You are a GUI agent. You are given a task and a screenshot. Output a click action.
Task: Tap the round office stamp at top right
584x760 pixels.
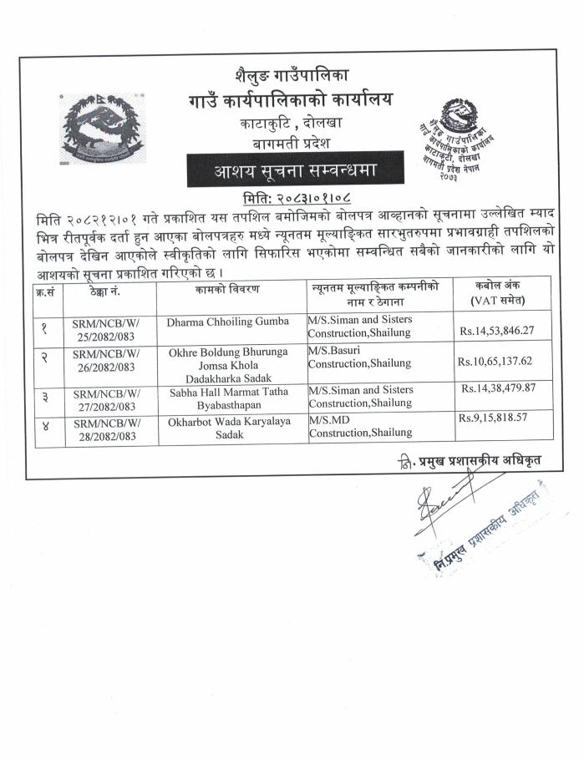click(459, 138)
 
